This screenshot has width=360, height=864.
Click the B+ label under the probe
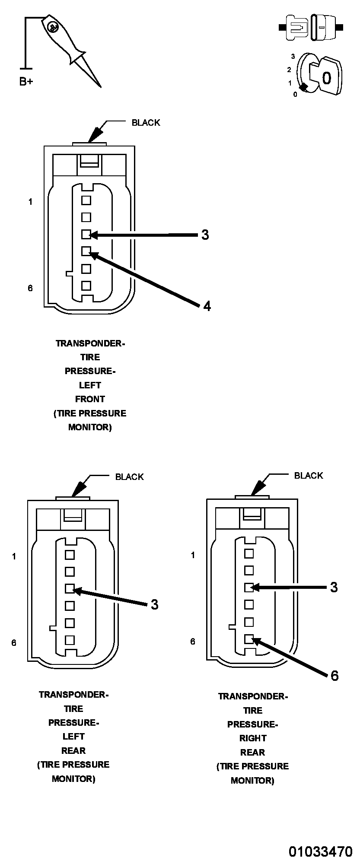[x=26, y=81]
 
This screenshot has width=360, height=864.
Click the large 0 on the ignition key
[x=327, y=78]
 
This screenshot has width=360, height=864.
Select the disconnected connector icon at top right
[x=311, y=28]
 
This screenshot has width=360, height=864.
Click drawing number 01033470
[x=320, y=851]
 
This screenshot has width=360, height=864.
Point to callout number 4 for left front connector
[x=207, y=306]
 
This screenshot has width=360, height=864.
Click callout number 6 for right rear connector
[x=335, y=676]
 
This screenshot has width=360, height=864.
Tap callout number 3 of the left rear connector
[x=155, y=604]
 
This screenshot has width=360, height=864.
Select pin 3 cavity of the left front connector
[x=86, y=235]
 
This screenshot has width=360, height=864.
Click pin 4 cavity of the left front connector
[x=86, y=251]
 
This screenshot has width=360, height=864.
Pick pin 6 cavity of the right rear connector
[x=249, y=639]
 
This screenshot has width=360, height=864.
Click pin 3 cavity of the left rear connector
[x=70, y=588]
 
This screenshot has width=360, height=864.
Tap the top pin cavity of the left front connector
[x=86, y=200]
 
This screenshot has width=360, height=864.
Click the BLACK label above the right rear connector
[x=309, y=476]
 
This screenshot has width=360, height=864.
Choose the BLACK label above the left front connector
[x=146, y=123]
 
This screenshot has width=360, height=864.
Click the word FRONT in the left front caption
[x=90, y=399]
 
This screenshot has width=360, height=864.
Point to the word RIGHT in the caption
[x=253, y=738]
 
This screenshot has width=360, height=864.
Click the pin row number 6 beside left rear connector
[x=14, y=643]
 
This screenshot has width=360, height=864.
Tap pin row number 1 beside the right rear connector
[x=193, y=555]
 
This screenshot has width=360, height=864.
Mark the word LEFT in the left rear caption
[x=73, y=737]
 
